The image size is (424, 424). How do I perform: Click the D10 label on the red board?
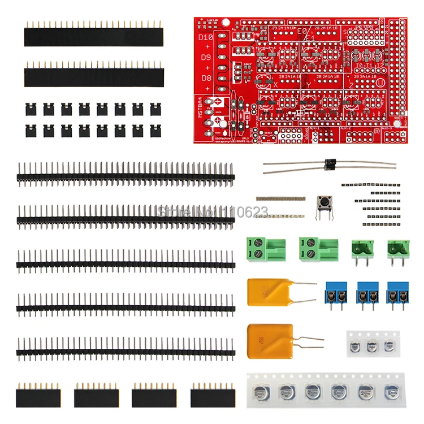205,38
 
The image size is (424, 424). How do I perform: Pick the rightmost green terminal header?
399,249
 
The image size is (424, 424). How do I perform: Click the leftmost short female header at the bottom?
38,395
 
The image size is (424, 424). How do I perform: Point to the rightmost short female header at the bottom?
213,395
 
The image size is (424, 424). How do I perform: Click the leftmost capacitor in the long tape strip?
261,391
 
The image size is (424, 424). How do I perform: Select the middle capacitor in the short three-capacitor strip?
371,346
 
